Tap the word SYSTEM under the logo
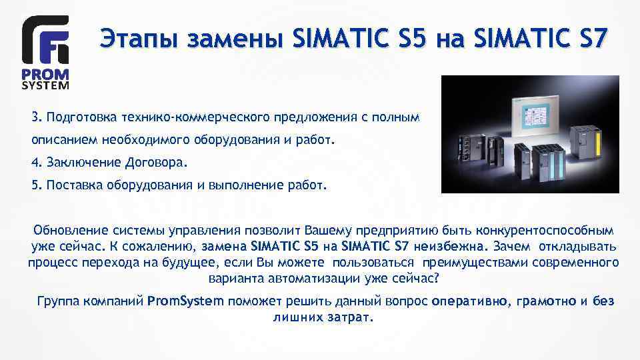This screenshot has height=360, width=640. click(x=45, y=85)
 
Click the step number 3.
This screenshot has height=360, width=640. click(x=35, y=118)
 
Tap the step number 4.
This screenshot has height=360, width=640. click(x=35, y=163)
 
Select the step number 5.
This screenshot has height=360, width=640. click(x=35, y=185)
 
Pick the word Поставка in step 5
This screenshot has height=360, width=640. click(x=72, y=185)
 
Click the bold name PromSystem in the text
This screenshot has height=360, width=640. click(x=185, y=301)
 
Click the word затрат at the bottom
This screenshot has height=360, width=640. click(x=351, y=317)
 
